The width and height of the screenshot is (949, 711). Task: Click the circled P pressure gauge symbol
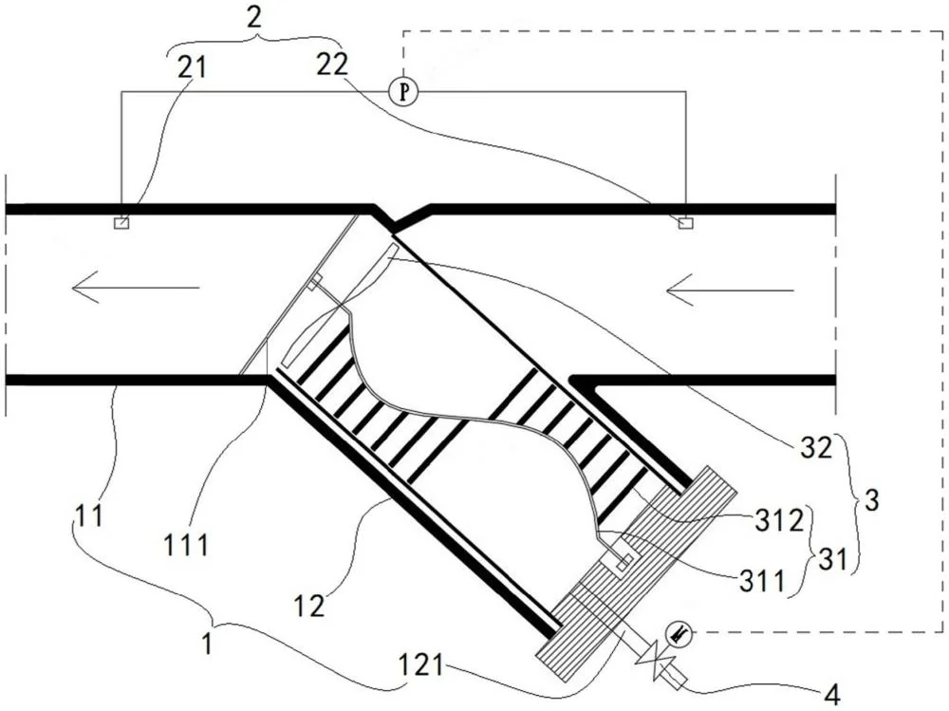(402, 92)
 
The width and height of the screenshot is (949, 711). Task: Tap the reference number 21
(193, 66)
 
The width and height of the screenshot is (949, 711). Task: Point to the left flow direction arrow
(135, 287)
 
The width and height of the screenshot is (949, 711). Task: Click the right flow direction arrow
(730, 290)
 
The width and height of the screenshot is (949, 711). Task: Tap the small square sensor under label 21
(121, 223)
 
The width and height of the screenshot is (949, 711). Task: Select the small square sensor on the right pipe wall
(685, 223)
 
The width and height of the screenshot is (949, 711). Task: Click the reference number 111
(186, 546)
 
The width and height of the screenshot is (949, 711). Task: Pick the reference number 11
(88, 515)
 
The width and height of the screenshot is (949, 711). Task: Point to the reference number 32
(817, 448)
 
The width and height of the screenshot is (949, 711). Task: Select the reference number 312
(779, 519)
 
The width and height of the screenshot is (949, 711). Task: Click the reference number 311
(761, 582)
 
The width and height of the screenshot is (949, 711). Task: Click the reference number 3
(871, 501)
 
